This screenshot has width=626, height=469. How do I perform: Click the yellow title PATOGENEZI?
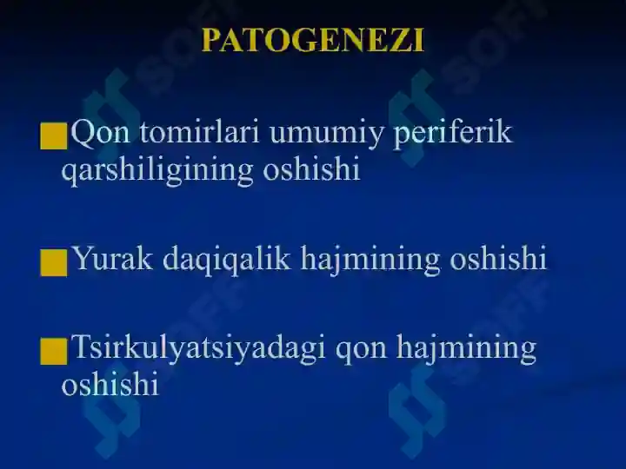(313, 40)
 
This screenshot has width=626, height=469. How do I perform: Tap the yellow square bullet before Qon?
(54, 136)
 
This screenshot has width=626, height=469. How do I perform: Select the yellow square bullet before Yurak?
(54, 263)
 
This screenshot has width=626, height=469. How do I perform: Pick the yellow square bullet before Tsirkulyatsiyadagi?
(54, 351)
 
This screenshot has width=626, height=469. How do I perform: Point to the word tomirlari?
(200, 132)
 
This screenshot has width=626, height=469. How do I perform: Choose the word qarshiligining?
(156, 171)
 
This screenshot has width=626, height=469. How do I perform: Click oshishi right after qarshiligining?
(311, 168)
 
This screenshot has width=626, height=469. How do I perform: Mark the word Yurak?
(113, 258)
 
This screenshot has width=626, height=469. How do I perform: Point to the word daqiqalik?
(226, 260)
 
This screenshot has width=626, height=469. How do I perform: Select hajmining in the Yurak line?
(370, 261)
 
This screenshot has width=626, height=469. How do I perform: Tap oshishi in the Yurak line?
(498, 258)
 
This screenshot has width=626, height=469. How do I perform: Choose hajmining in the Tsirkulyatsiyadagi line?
(466, 350)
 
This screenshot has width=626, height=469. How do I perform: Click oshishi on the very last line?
(110, 383)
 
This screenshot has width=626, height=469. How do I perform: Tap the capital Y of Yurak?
(83, 258)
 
